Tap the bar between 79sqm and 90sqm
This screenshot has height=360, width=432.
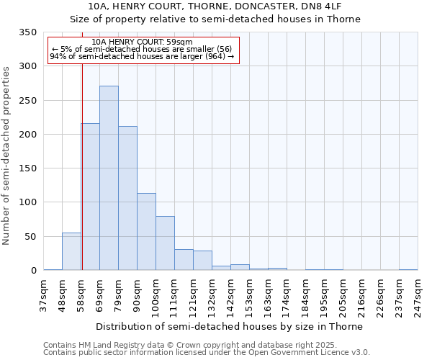click(x=127, y=198)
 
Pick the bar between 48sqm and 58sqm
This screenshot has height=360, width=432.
click(x=71, y=251)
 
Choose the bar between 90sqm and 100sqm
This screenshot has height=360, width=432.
click(x=146, y=232)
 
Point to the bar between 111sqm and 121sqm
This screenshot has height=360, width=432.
click(x=184, y=260)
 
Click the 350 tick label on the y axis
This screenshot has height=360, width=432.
click(x=27, y=32)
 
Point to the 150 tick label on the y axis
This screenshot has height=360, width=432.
click(x=27, y=168)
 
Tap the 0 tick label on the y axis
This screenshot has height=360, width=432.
click(x=33, y=271)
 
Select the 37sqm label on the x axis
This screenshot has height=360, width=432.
click(x=43, y=294)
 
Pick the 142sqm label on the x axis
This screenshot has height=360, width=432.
click(x=230, y=294)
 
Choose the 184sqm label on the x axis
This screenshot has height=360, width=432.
click(x=305, y=294)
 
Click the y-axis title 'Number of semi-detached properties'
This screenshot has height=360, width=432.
click(x=7, y=156)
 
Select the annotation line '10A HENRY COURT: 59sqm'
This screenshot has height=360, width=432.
click(x=143, y=42)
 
